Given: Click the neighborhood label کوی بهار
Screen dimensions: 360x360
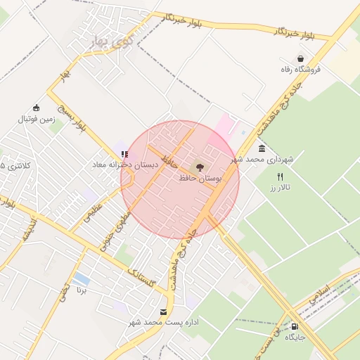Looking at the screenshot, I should click(112, 42).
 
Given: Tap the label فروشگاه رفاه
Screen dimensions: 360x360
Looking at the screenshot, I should click(300, 69).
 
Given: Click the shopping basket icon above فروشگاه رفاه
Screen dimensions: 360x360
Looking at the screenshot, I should click(301, 58).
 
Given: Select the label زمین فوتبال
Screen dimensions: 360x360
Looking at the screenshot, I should click(37, 120).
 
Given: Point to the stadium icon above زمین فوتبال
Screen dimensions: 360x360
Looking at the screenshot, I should click(37, 108).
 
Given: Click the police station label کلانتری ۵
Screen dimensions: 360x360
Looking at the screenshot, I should click(15, 166).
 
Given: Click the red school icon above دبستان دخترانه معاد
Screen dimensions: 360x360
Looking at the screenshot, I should click(124, 154).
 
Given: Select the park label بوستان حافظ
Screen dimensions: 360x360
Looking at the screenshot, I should click(200, 179).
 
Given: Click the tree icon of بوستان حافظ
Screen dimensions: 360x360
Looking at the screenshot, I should click(200, 167).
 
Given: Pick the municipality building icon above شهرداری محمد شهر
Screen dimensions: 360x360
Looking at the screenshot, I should click(262, 148).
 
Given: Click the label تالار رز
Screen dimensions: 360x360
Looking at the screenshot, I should click(280, 188).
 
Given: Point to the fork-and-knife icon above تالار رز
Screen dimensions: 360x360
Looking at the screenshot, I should click(281, 177).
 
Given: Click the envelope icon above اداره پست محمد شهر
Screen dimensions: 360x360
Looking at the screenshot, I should click(164, 311).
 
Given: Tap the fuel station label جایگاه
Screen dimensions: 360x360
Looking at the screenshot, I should click(294, 337).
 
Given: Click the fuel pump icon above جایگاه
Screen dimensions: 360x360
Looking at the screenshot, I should click(294, 326).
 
